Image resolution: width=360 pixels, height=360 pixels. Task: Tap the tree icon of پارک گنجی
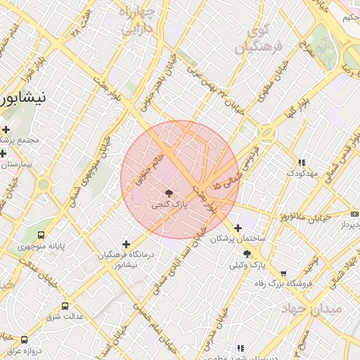(x=169, y=193)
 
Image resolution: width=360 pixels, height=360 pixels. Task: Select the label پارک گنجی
(x=169, y=205)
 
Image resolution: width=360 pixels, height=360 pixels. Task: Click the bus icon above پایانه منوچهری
(x=41, y=235)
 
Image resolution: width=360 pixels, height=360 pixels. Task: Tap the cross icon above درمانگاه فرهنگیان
(x=127, y=244)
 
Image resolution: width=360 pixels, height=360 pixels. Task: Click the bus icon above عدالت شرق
(x=65, y=306)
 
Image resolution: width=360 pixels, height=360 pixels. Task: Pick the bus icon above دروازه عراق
(x=25, y=340)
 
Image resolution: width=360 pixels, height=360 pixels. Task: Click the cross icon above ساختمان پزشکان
(x=238, y=228)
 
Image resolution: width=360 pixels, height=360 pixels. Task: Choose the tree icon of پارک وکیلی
(x=247, y=255)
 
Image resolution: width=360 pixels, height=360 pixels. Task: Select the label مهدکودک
(x=302, y=172)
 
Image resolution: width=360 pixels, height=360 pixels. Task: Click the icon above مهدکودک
(x=302, y=162)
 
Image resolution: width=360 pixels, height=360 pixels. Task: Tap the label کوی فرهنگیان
(x=258, y=41)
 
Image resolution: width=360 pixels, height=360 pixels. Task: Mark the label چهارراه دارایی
(x=141, y=22)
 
